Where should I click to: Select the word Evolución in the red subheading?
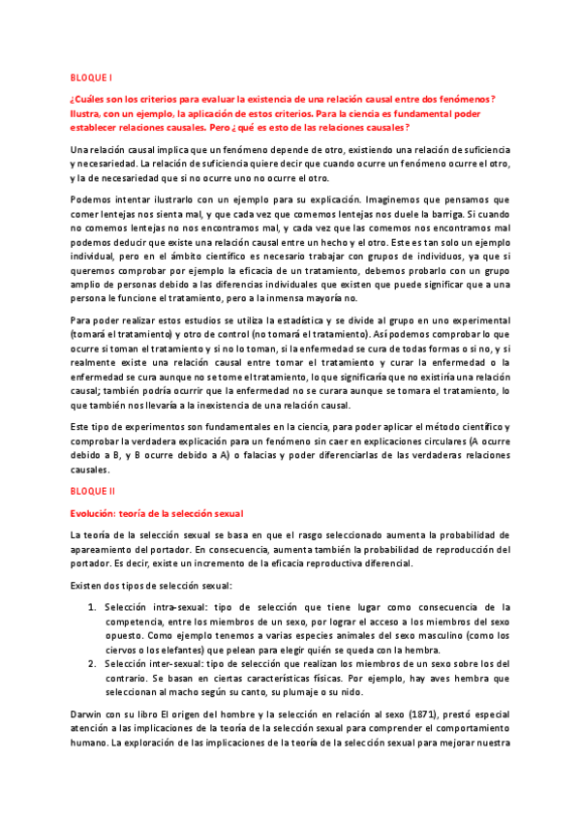(93, 512)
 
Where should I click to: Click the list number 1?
(90, 607)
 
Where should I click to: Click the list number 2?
(90, 663)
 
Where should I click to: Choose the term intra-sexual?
(171, 607)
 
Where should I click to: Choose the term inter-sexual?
(172, 663)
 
